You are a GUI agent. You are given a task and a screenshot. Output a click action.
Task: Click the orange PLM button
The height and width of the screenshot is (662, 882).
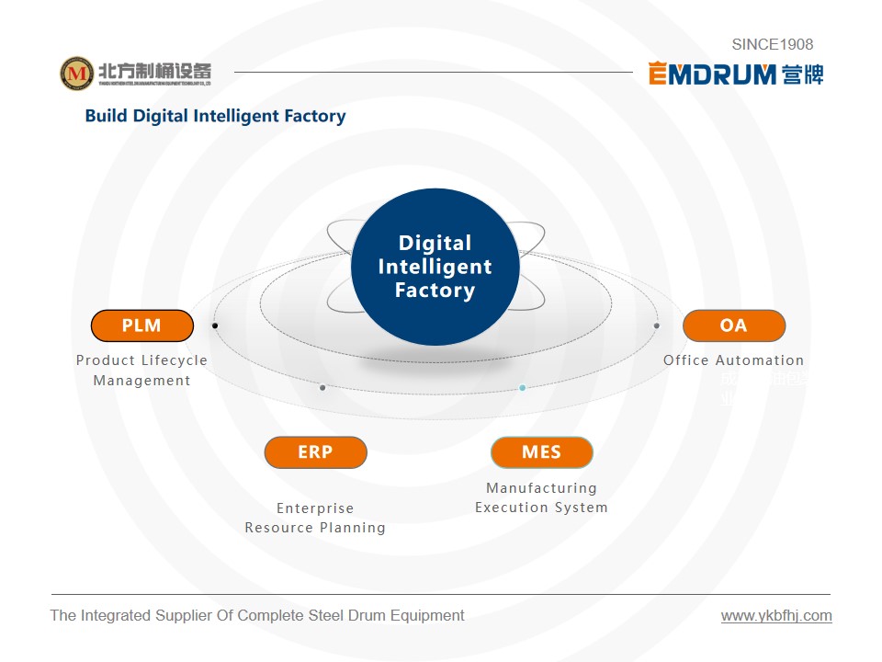pos(142,325)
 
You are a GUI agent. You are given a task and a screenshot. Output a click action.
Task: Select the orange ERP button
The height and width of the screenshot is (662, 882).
pos(315,452)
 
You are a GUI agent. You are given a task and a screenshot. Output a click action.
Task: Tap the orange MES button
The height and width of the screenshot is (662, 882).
pos(541,452)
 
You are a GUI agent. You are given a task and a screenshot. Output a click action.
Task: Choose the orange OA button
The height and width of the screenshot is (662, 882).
pos(733,325)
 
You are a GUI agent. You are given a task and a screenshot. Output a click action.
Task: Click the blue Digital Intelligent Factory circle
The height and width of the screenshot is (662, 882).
pos(435,267)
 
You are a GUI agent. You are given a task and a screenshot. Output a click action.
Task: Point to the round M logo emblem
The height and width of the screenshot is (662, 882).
pos(77,74)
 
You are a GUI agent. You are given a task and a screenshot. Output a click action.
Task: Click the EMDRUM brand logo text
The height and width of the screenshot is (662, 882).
pos(713,74)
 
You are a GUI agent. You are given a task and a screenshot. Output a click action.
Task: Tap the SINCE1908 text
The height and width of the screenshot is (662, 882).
pos(772,44)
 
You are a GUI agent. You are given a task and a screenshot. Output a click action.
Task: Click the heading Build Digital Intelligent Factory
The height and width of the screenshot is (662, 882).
pos(215,116)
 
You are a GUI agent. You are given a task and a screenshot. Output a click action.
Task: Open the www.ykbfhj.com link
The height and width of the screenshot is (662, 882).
pos(776,616)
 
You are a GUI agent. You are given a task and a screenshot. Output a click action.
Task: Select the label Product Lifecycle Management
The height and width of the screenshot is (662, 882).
pos(141,371)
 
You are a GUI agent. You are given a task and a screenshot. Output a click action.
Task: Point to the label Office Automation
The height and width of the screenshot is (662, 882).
pos(733,360)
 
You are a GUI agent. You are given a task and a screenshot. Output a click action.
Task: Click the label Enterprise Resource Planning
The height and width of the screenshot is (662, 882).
pos(315,518)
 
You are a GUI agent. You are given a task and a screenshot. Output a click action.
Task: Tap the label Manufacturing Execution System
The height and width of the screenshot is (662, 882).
pos(541,497)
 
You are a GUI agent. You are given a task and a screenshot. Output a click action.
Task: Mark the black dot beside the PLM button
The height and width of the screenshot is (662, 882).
pos(215,325)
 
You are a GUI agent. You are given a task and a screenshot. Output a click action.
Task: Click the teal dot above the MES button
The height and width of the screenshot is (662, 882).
pos(522,388)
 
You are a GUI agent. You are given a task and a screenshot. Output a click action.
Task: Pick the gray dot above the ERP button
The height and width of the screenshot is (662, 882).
pos(322,388)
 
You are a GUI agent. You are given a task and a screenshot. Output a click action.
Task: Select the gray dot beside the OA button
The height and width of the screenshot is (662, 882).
pos(656,325)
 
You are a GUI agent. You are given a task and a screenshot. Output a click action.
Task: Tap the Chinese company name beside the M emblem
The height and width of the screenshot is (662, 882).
pos(154,70)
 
